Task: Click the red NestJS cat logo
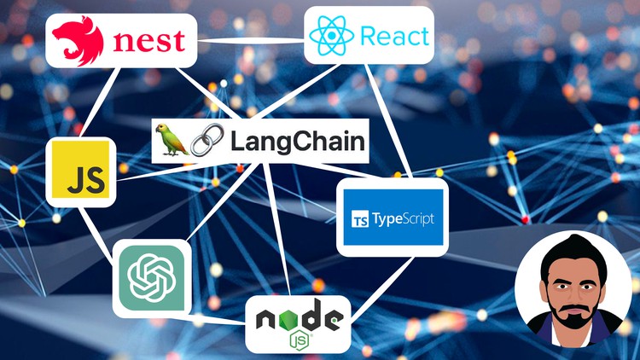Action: (x=78, y=41)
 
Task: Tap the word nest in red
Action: (x=149, y=41)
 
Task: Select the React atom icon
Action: (x=331, y=36)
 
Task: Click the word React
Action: (x=395, y=36)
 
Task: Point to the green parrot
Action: (x=172, y=140)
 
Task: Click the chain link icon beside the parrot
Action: (x=207, y=140)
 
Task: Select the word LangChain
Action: (x=298, y=142)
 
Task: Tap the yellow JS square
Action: (x=81, y=170)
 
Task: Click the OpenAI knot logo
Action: (x=152, y=277)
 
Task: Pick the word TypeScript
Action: (x=403, y=218)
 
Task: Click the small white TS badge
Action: (x=359, y=219)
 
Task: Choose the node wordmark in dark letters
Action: (x=300, y=316)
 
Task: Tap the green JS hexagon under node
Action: (x=300, y=340)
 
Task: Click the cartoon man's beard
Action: (x=574, y=313)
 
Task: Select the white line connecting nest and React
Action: (x=251, y=41)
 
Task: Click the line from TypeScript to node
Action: (x=382, y=287)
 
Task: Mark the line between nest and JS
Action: (x=100, y=102)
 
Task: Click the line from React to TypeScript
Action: (x=388, y=121)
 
